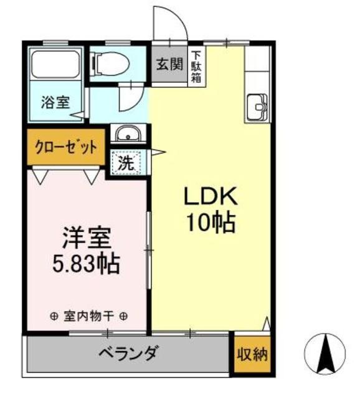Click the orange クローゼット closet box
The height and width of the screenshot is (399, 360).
tap(65, 148)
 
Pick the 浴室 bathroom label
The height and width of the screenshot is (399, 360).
tap(55, 102)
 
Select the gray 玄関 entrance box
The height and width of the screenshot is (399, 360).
tap(169, 65)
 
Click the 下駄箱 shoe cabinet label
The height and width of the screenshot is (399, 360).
tap(196, 65)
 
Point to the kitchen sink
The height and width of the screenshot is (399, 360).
tap(257, 108)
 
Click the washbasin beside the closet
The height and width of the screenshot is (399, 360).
tap(128, 133)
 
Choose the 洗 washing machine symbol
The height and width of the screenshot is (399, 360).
tap(127, 163)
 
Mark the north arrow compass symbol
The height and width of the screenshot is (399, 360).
tap(324, 353)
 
